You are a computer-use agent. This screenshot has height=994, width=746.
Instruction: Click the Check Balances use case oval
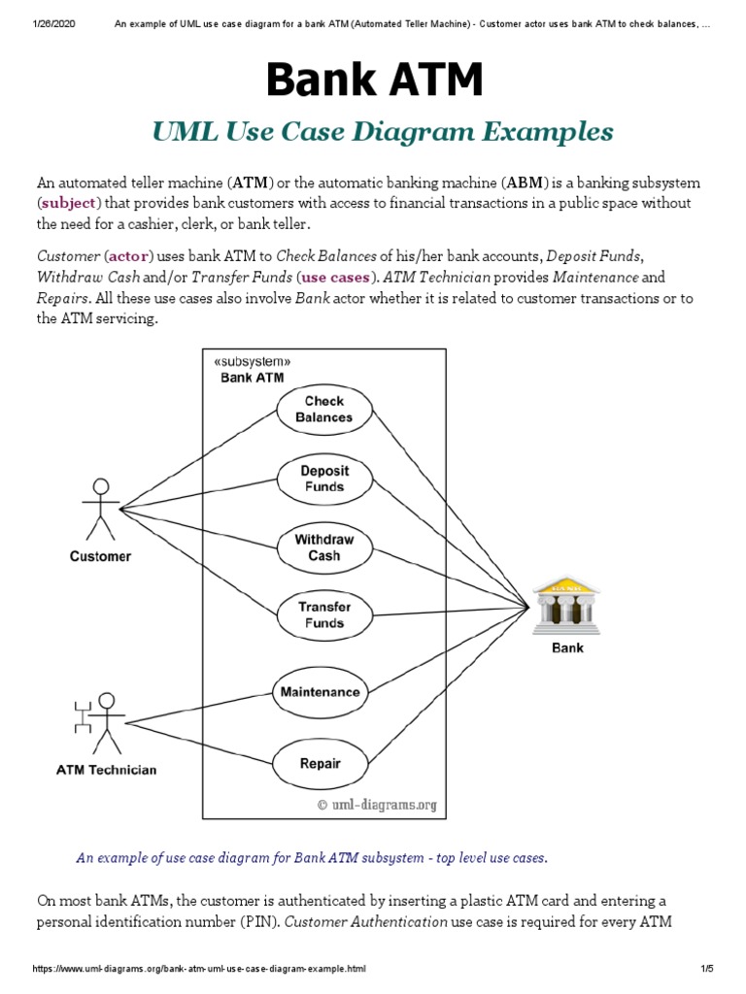pyautogui.click(x=323, y=409)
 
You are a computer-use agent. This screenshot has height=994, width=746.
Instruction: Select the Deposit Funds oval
pyautogui.click(x=323, y=478)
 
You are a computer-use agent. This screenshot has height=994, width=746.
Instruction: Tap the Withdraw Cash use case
pyautogui.click(x=323, y=547)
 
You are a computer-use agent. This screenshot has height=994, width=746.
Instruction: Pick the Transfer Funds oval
pyautogui.click(x=323, y=614)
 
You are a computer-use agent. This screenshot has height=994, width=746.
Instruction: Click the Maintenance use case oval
pyautogui.click(x=320, y=692)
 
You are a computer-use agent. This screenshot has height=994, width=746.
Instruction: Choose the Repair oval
pyautogui.click(x=320, y=763)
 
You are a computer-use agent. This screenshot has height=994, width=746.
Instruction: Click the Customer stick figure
pyautogui.click(x=99, y=508)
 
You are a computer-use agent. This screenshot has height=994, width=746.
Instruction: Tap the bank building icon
pyautogui.click(x=567, y=605)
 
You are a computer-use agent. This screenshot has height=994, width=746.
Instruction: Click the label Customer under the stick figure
pyautogui.click(x=100, y=556)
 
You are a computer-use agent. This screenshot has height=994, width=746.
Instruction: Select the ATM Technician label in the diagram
pyautogui.click(x=105, y=771)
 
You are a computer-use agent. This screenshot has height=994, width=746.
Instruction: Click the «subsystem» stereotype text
pyautogui.click(x=251, y=361)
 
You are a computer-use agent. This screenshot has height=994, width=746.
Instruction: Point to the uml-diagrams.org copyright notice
pyautogui.click(x=377, y=804)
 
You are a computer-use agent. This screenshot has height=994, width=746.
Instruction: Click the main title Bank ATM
pyautogui.click(x=374, y=80)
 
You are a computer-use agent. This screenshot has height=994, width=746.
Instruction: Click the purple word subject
pyautogui.click(x=68, y=203)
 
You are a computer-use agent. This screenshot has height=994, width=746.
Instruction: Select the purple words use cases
pyautogui.click(x=336, y=276)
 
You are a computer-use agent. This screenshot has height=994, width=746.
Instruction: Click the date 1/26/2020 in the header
pyautogui.click(x=29, y=22)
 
